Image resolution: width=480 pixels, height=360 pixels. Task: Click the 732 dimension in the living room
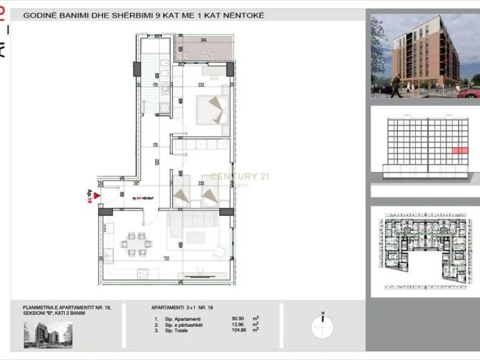click(166, 259)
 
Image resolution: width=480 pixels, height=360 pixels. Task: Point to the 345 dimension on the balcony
click(204, 40)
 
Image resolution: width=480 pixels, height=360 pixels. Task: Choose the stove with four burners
click(142, 274)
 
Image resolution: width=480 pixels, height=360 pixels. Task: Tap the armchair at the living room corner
click(220, 250)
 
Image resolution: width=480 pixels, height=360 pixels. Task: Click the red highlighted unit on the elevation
click(459, 150)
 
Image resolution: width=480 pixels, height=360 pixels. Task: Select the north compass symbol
click(322, 326)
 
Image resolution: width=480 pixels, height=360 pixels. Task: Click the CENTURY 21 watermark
click(240, 176)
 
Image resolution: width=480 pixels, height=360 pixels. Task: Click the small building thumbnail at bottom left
click(47, 335)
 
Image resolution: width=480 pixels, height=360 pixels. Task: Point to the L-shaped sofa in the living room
click(192, 222)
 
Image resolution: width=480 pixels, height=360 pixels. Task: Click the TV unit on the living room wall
click(200, 276)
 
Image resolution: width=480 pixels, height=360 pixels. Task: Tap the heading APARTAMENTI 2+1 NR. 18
click(181, 307)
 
